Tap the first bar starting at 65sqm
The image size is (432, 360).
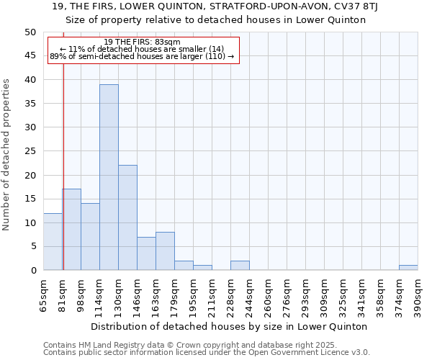click(53, 241)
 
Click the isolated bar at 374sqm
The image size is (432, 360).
click(408, 268)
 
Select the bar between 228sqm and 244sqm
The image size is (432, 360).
click(240, 266)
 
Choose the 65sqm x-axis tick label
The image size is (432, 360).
click(43, 297)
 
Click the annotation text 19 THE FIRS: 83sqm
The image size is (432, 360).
click(142, 42)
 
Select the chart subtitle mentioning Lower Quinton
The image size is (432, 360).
click(216, 19)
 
